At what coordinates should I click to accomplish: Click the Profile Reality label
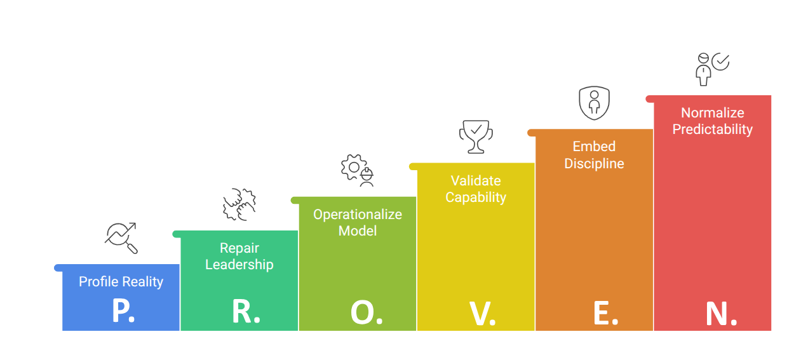(x=121, y=281)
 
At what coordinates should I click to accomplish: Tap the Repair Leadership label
(x=239, y=257)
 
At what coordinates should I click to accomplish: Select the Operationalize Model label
(x=358, y=222)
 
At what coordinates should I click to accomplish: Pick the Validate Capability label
(x=476, y=189)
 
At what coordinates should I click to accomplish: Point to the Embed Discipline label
(x=594, y=155)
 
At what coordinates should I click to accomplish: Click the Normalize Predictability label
(x=712, y=121)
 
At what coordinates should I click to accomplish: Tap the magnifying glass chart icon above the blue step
(x=121, y=238)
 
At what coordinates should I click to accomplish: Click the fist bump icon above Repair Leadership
(x=239, y=204)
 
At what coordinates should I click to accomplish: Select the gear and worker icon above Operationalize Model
(x=358, y=170)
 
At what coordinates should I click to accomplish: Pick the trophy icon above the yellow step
(x=476, y=136)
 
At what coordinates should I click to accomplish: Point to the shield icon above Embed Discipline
(x=594, y=102)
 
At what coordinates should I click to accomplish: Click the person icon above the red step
(x=703, y=69)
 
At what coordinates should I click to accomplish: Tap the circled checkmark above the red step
(x=720, y=62)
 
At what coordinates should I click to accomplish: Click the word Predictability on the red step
(x=712, y=129)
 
